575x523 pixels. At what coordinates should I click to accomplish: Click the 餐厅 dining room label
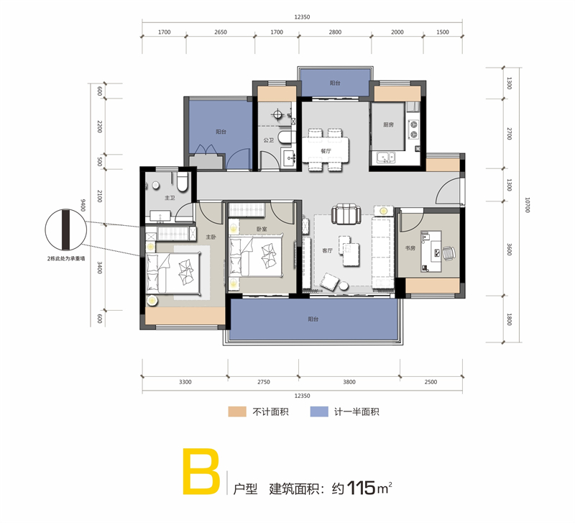coord(326,151)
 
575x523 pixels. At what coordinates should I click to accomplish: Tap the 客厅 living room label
coord(327,250)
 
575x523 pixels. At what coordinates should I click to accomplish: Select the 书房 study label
coord(410,248)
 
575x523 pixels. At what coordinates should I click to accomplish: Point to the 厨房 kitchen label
coord(388,124)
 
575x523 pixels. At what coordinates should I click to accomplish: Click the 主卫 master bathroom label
coord(170,198)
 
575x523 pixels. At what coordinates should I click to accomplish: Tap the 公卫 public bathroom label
coord(268,140)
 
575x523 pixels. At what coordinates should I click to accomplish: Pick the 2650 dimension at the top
coord(221,32)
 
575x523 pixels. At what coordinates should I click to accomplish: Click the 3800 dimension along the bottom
coord(349,382)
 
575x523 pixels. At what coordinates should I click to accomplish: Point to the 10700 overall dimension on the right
coord(528,205)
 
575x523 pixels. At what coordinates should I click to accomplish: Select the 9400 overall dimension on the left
coord(83,205)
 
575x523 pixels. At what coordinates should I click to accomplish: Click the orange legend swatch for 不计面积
coord(237,411)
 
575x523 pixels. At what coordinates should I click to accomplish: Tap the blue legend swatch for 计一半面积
coord(319,411)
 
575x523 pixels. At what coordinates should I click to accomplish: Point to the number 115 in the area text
coord(361,488)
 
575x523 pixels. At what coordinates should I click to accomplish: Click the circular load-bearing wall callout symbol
coord(66,229)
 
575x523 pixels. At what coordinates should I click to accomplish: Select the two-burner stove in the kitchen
coord(413,129)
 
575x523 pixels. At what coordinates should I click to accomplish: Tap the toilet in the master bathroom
coord(183,183)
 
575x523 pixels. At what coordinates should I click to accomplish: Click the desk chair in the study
coord(449,253)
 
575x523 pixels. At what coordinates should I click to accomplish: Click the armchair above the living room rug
coord(346,214)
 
